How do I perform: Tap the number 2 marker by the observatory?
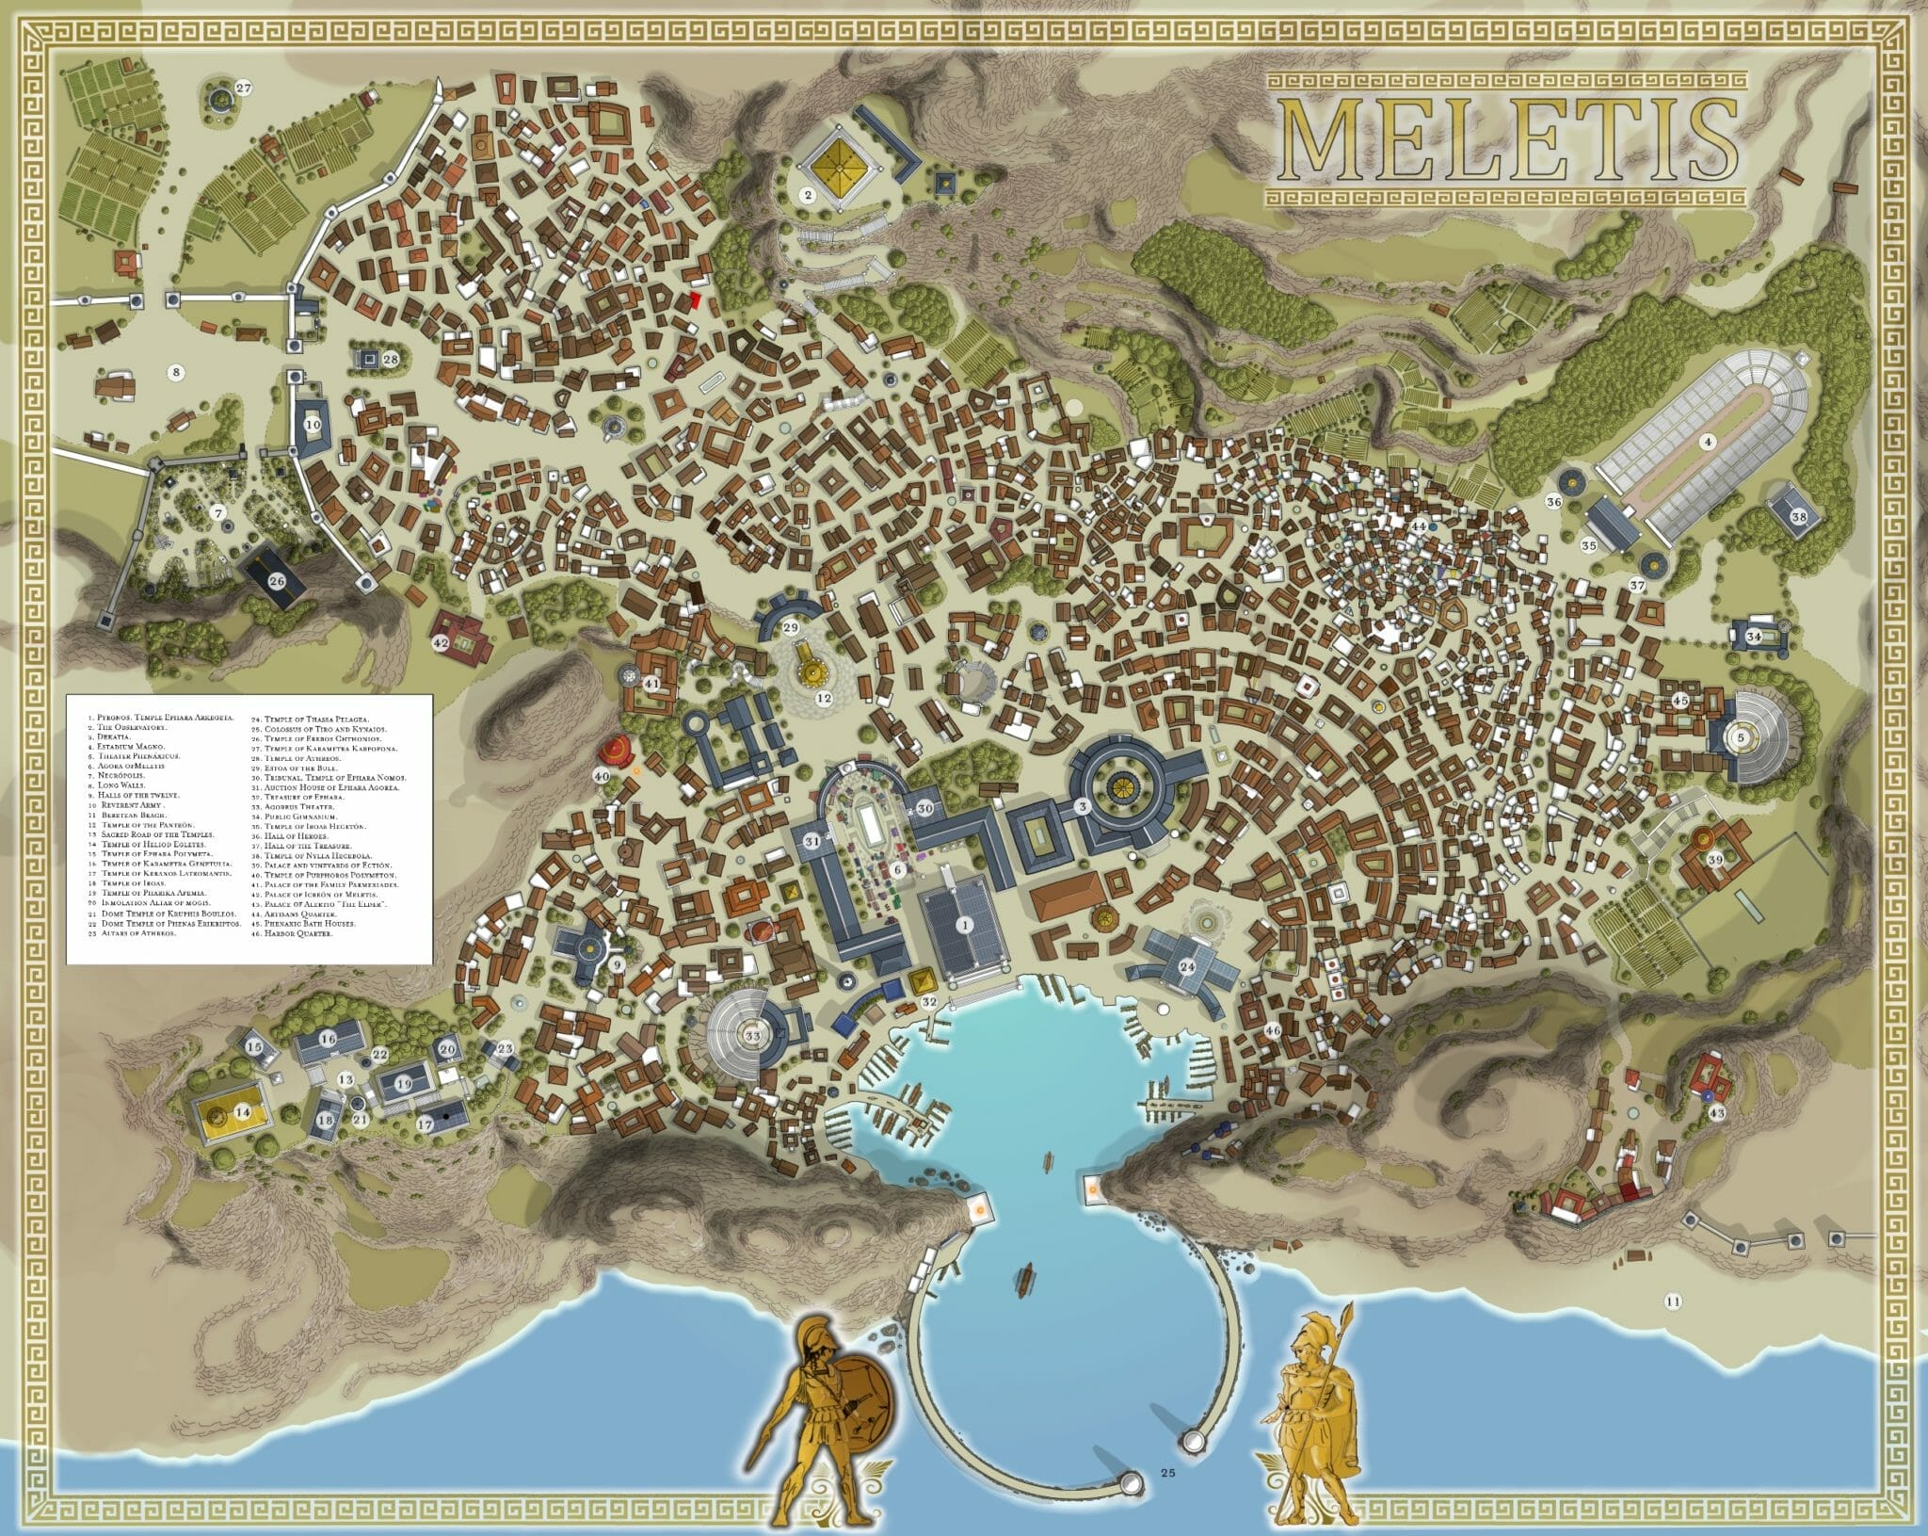tap(807, 195)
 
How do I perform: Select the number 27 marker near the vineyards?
tap(244, 89)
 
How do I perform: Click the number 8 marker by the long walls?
tap(175, 372)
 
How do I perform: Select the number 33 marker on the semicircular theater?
tap(752, 1036)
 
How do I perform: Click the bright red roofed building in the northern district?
tap(696, 299)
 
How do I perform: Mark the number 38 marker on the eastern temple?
tap(1799, 516)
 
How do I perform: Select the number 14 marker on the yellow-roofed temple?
tap(243, 1112)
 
